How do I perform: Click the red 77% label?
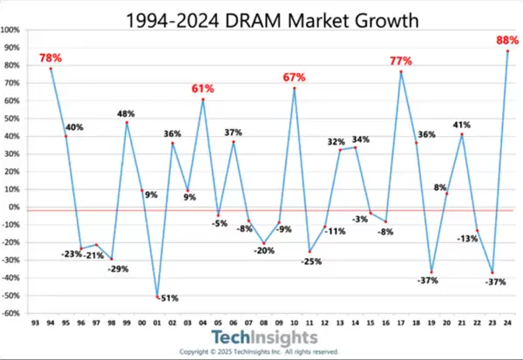click(401, 61)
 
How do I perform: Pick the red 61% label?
click(203, 89)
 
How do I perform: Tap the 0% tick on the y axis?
click(16, 207)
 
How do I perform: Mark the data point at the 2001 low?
click(158, 297)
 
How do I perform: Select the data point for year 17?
click(401, 71)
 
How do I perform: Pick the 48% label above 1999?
click(127, 112)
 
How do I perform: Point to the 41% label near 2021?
click(461, 125)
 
